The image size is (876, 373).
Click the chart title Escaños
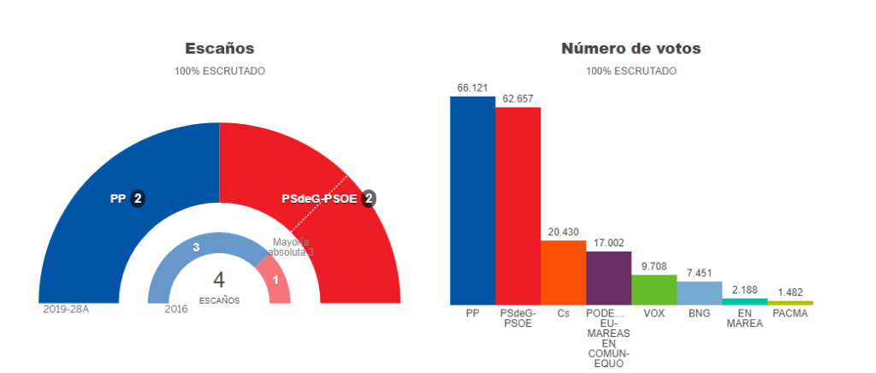[219, 49]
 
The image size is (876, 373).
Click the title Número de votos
[630, 49]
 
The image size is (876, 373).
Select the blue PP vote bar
[472, 200]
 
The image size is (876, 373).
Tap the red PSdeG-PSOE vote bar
[518, 205]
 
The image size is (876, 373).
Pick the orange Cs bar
[563, 272]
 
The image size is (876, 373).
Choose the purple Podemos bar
[608, 278]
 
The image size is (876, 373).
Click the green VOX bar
[654, 289]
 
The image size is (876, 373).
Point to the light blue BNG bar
[699, 293]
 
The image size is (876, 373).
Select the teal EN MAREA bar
[744, 301]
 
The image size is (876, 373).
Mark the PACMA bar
[790, 303]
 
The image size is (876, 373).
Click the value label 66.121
[472, 88]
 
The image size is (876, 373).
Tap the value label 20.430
[563, 233]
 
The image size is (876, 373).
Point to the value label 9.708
[654, 267]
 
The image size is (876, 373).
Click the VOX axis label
[654, 313]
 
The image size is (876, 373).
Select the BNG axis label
[699, 313]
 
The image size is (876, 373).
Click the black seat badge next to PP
[137, 198]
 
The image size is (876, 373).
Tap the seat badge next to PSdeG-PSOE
[368, 198]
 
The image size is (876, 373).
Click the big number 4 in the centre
[219, 281]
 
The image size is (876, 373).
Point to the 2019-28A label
[66, 309]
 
